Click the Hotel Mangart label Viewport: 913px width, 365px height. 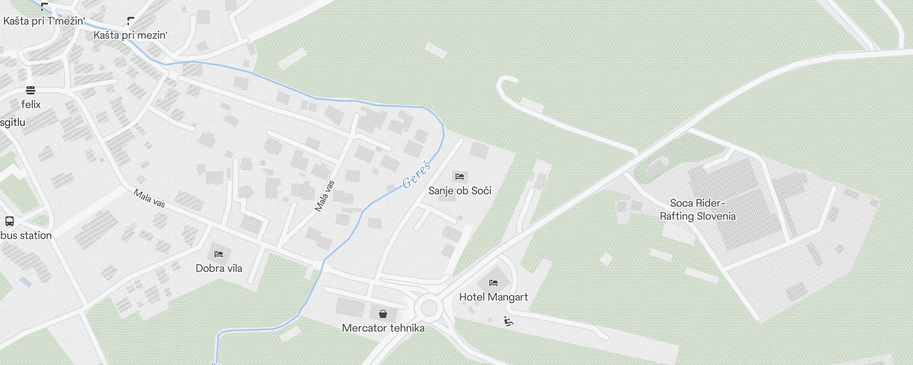[493, 297]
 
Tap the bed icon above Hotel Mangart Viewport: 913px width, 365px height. [493, 283]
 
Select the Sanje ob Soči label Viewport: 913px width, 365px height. [460, 191]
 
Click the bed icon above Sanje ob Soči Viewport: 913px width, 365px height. [460, 177]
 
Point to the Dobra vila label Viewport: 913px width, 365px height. [219, 268]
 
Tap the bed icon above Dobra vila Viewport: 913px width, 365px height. [219, 254]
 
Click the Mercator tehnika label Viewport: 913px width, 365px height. [383, 328]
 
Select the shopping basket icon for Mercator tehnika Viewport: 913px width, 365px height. [383, 314]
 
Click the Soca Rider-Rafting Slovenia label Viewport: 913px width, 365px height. [698, 210]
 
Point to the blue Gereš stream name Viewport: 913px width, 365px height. [417, 174]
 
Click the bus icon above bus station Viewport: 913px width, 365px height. [10, 221]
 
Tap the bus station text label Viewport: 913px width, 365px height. [26, 235]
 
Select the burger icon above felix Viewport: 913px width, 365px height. [31, 90]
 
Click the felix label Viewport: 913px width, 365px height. [31, 104]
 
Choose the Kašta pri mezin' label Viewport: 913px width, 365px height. [131, 35]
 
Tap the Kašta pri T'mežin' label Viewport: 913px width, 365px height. [44, 21]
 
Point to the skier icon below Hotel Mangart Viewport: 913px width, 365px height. [509, 322]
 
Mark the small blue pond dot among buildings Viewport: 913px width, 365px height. [262, 163]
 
